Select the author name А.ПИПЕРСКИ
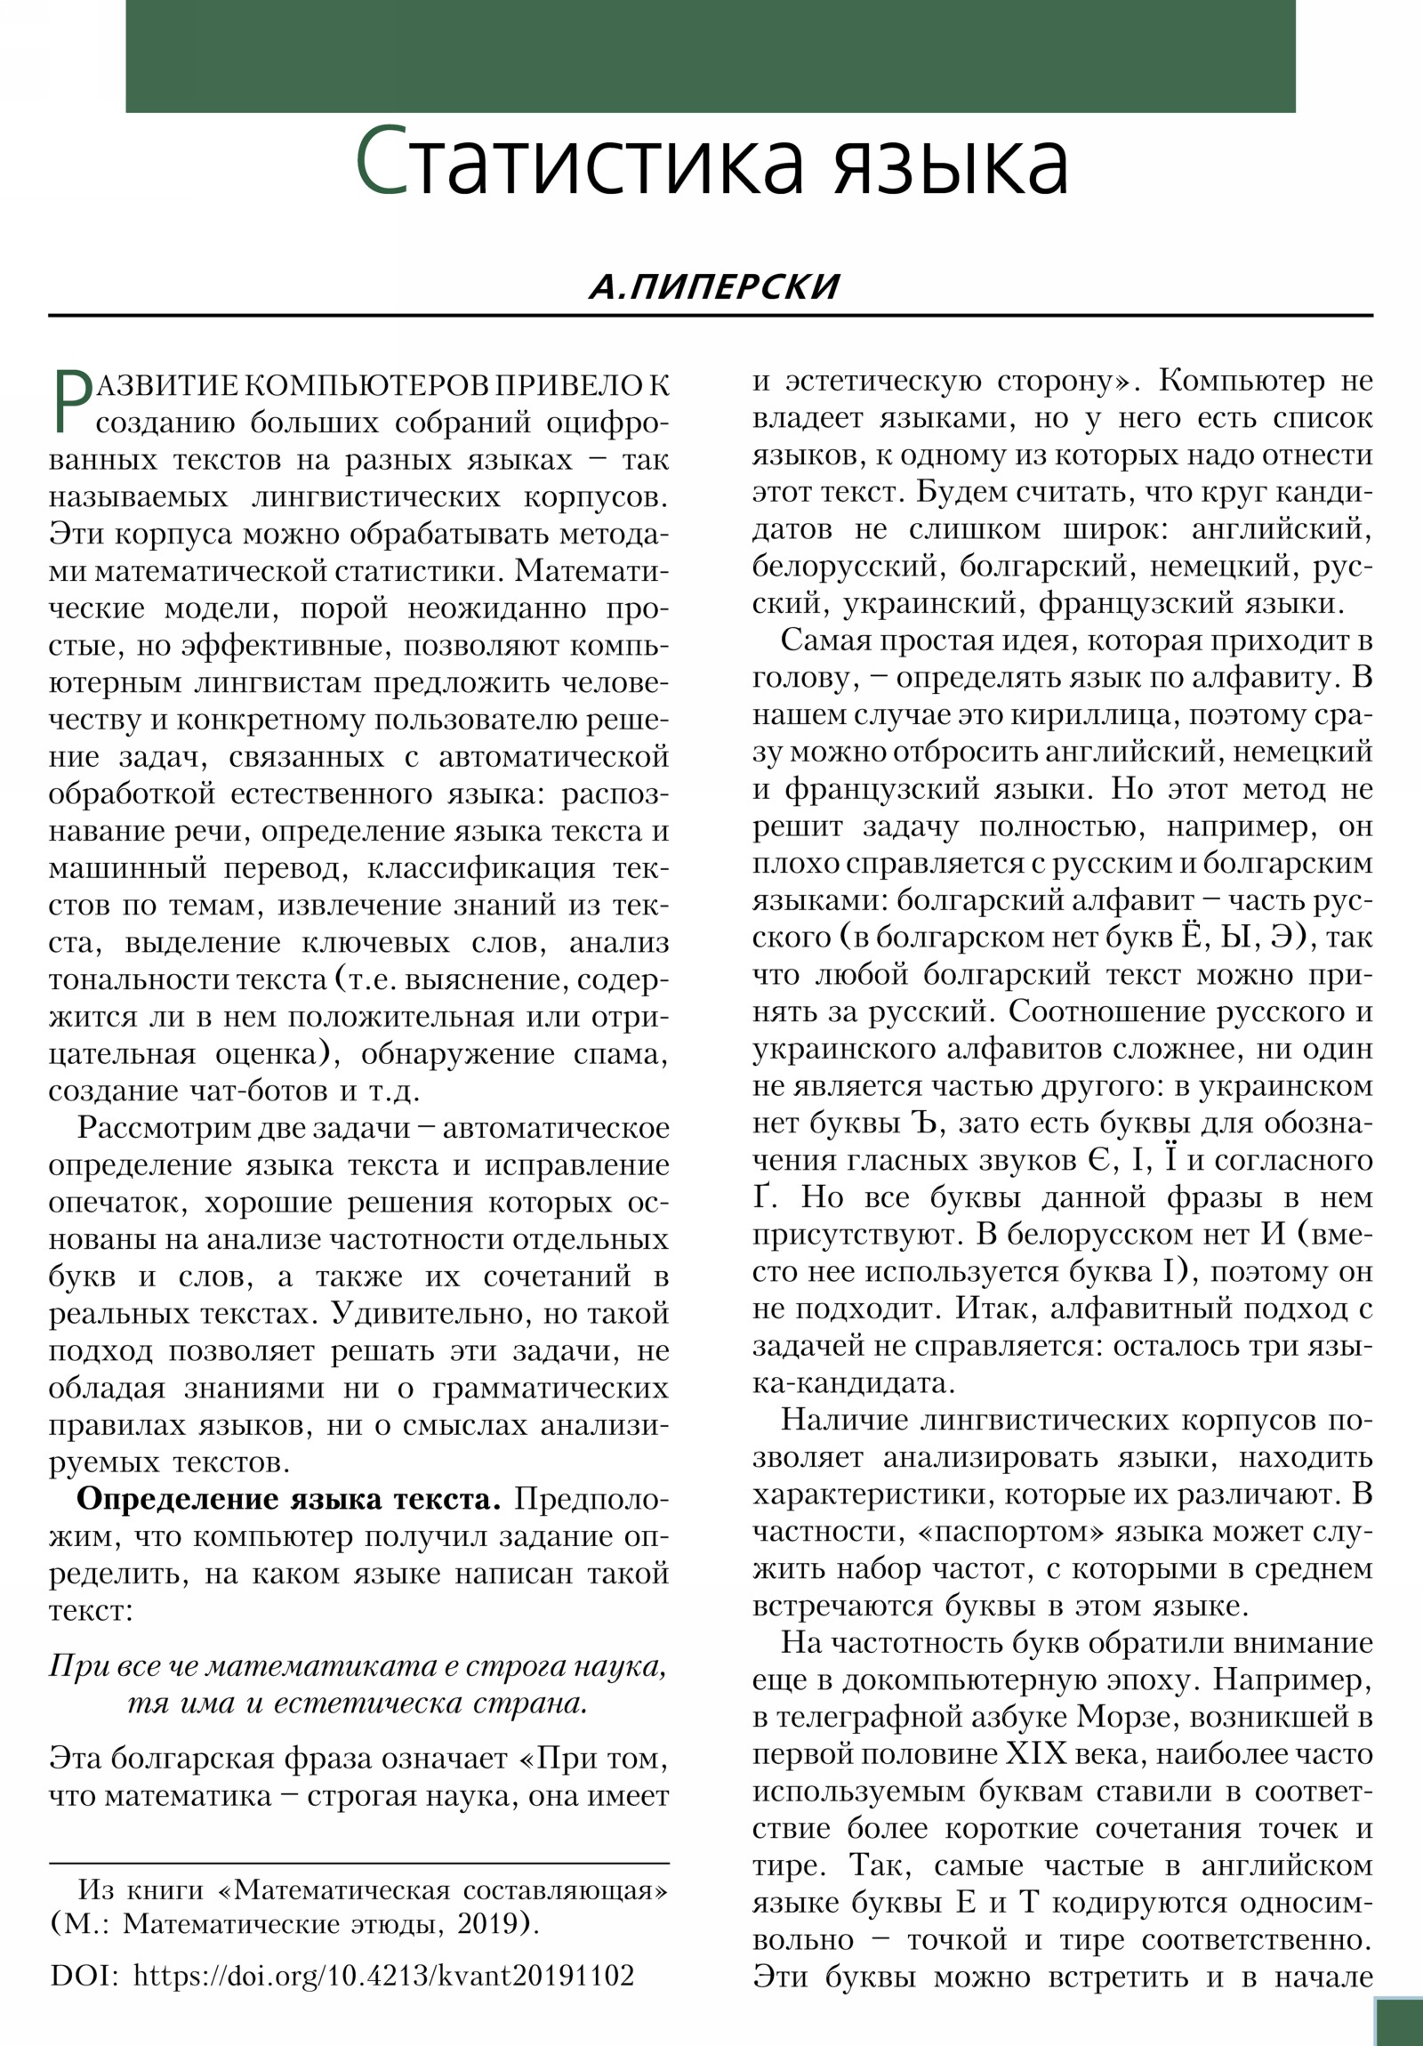pyautogui.click(x=714, y=287)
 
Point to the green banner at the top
pyautogui.click(x=710, y=56)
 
